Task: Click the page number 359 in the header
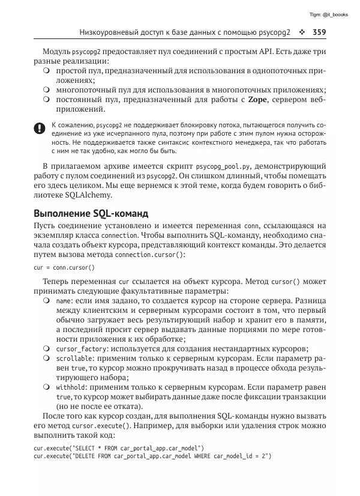pyautogui.click(x=317, y=32)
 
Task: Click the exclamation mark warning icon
pyautogui.click(x=39, y=128)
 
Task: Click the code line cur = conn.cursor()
pyautogui.click(x=64, y=267)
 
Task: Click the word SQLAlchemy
pyautogui.click(x=95, y=196)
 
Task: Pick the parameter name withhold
pyautogui.click(x=70, y=387)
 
